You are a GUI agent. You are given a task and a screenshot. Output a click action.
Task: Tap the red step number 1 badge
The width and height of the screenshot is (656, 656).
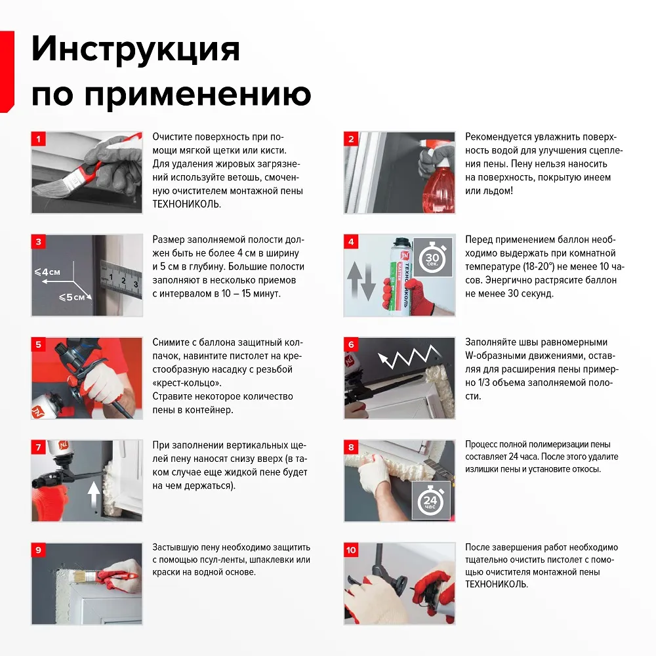pos(38,139)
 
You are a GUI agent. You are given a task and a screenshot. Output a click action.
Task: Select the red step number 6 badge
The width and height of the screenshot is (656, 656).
pos(351,344)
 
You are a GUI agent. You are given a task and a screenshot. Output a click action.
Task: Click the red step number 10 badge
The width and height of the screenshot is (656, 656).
pos(352,550)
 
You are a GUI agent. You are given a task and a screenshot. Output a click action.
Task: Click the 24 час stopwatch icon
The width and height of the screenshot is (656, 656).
pos(431,501)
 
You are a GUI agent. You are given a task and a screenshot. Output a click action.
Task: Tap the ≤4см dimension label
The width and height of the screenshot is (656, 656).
pos(48,271)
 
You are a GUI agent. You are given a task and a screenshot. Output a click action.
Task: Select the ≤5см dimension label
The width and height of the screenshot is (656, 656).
pos(72,297)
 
